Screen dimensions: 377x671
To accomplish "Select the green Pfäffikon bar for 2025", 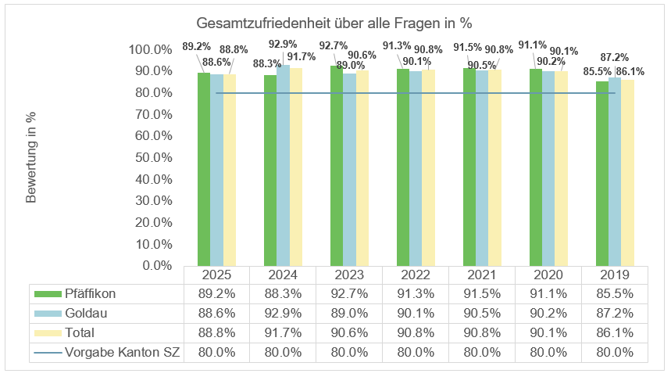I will (x=203, y=168).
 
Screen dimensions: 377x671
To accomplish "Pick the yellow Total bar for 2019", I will (x=627, y=172).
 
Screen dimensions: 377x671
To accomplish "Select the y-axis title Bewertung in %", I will (x=32, y=156).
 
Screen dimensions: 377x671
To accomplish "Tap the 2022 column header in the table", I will (x=416, y=275).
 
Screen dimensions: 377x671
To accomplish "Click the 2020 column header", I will (x=548, y=275).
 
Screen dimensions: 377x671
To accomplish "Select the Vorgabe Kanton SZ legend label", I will (x=123, y=353).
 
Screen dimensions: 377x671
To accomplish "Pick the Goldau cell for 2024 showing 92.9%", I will (x=283, y=314).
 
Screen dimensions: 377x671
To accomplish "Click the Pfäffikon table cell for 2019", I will (x=615, y=294).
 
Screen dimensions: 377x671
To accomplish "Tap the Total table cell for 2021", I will (x=482, y=333).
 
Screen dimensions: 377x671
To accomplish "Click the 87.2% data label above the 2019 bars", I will (x=615, y=57).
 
